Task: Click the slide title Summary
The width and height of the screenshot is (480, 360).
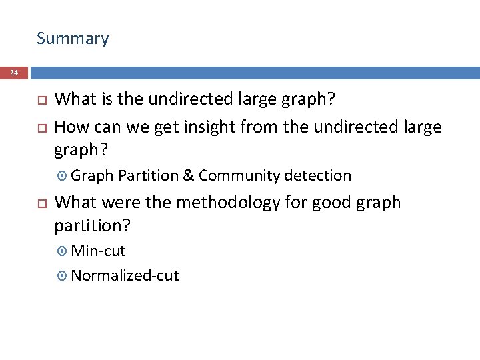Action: pyautogui.click(x=73, y=39)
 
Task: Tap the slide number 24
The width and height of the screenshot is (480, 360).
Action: pyautogui.click(x=14, y=73)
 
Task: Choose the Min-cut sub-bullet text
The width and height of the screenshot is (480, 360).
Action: pyautogui.click(x=98, y=251)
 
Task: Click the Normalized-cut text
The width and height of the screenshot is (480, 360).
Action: pyautogui.click(x=125, y=275)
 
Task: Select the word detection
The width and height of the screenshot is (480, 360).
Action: pyautogui.click(x=317, y=176)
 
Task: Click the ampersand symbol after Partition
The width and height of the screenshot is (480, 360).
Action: pyautogui.click(x=188, y=176)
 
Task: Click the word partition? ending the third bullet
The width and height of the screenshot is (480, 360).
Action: pyautogui.click(x=92, y=227)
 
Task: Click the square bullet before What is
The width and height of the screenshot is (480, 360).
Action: pyautogui.click(x=40, y=101)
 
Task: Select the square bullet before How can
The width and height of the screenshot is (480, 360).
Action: pyautogui.click(x=40, y=127)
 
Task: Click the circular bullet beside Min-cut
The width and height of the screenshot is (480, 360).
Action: pyautogui.click(x=63, y=252)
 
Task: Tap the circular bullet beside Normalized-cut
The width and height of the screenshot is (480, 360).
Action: pyautogui.click(x=63, y=276)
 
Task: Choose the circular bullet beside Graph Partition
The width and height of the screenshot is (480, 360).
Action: pyautogui.click(x=63, y=177)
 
